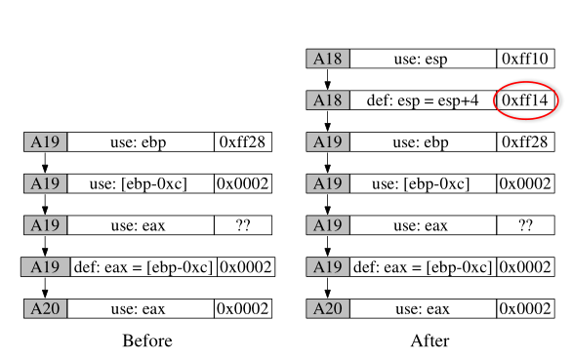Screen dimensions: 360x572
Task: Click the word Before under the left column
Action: click(x=147, y=340)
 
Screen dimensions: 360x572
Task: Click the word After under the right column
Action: click(x=429, y=340)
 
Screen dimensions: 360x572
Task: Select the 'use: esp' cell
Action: click(x=422, y=59)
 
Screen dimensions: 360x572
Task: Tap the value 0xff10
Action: click(x=527, y=59)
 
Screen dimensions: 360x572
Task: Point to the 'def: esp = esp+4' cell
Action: click(x=422, y=100)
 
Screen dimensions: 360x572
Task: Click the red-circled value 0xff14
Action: click(x=527, y=100)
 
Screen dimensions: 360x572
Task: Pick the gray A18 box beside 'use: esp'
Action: click(x=327, y=59)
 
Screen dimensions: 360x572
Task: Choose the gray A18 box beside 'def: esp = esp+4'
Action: click(x=327, y=100)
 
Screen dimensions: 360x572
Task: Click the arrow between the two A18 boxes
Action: click(x=328, y=80)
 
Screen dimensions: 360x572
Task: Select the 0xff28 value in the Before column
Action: click(x=243, y=142)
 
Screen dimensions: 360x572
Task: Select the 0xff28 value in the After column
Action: click(x=527, y=142)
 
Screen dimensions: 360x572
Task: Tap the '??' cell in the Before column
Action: click(x=243, y=225)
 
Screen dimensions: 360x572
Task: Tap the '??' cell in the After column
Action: click(x=527, y=225)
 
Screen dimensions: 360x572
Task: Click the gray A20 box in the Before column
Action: click(x=45, y=309)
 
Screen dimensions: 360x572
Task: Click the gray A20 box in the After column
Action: click(x=327, y=309)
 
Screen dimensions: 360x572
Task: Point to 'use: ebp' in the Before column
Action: click(x=141, y=142)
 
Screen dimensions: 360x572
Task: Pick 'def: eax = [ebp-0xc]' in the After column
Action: click(x=422, y=267)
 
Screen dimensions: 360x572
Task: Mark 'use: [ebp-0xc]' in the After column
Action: click(x=422, y=183)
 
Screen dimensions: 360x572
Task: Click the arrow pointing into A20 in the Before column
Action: click(x=45, y=289)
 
